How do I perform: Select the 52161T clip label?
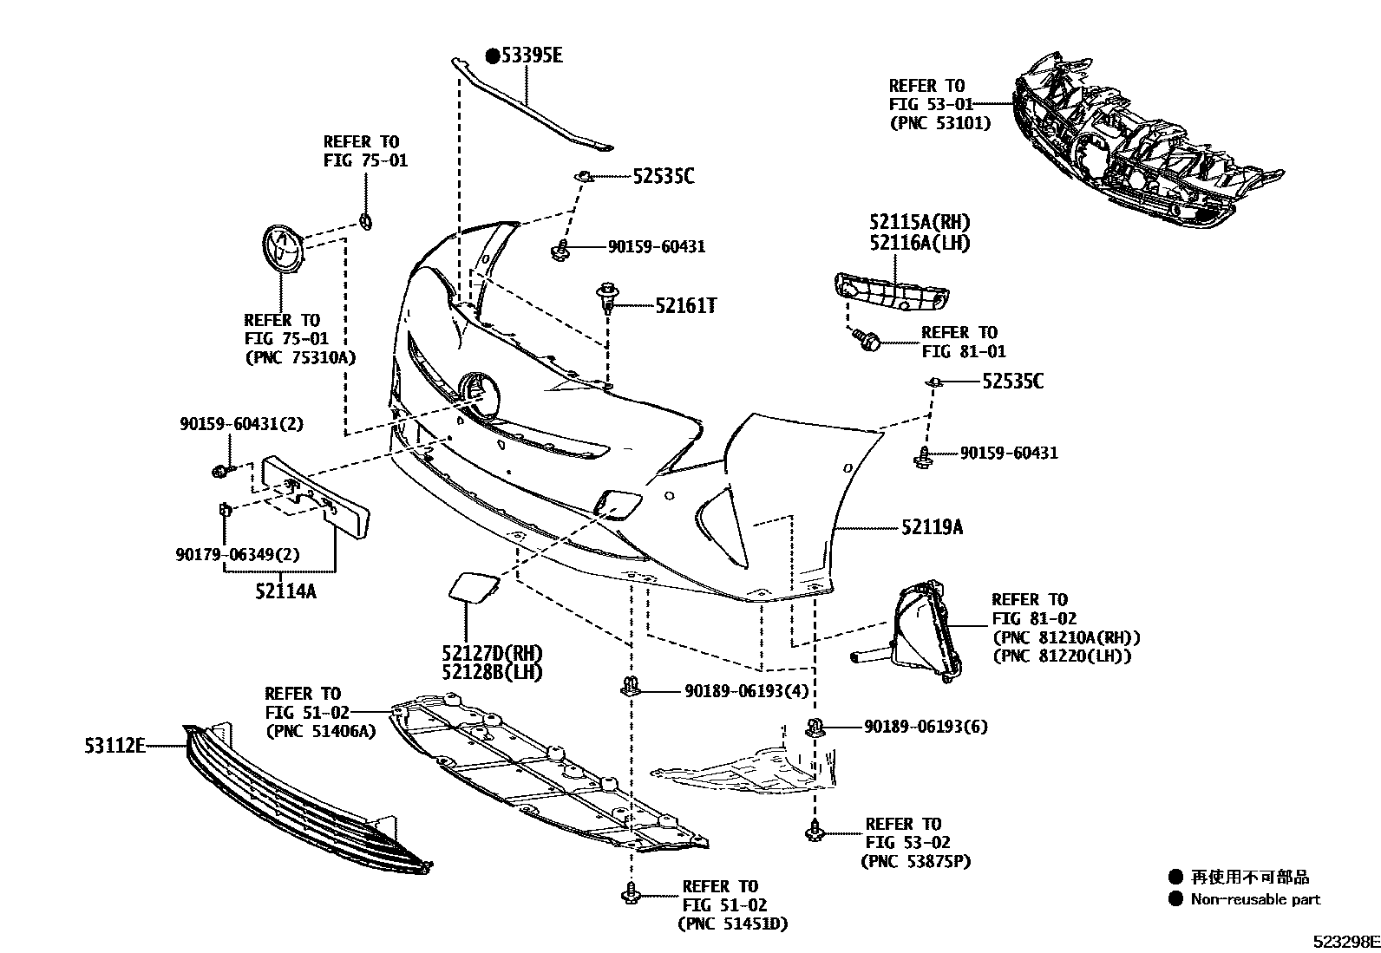(x=685, y=305)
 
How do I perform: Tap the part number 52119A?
(x=932, y=527)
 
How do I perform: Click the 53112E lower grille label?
(x=115, y=745)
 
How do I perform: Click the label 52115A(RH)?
(x=920, y=223)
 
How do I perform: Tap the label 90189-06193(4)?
(x=746, y=691)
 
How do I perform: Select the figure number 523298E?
(x=1344, y=941)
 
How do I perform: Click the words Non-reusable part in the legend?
(x=1255, y=899)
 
